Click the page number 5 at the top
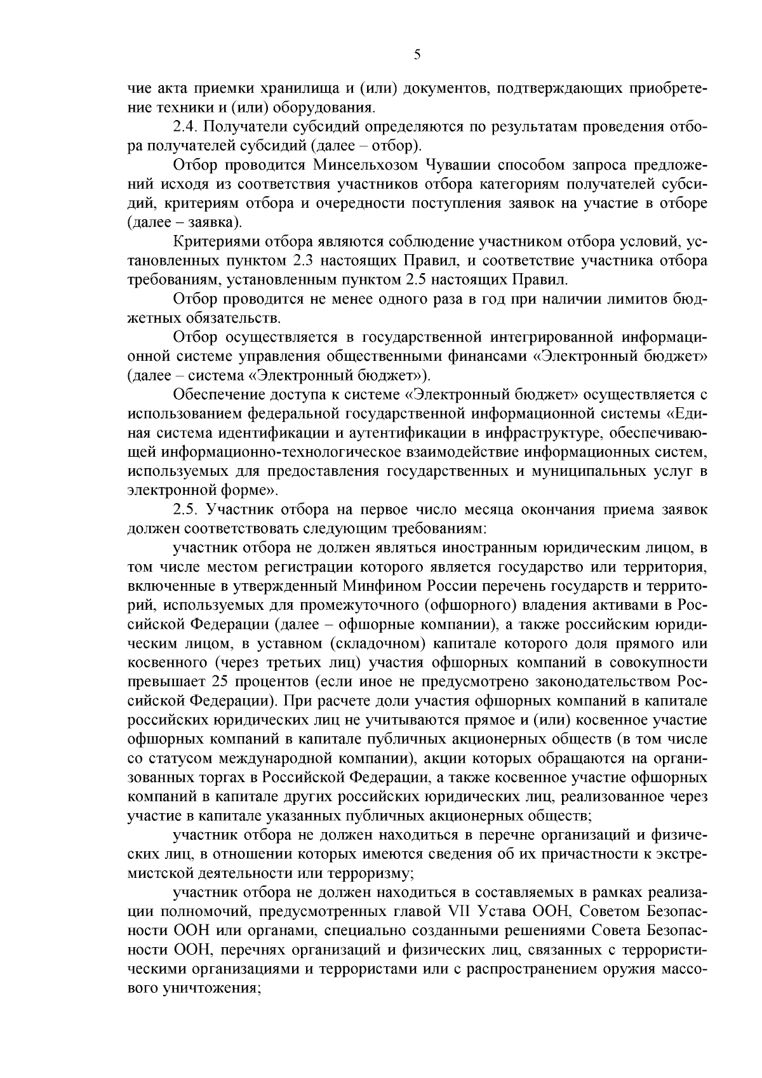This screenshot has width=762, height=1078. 417,55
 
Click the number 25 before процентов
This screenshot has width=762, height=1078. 215,682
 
